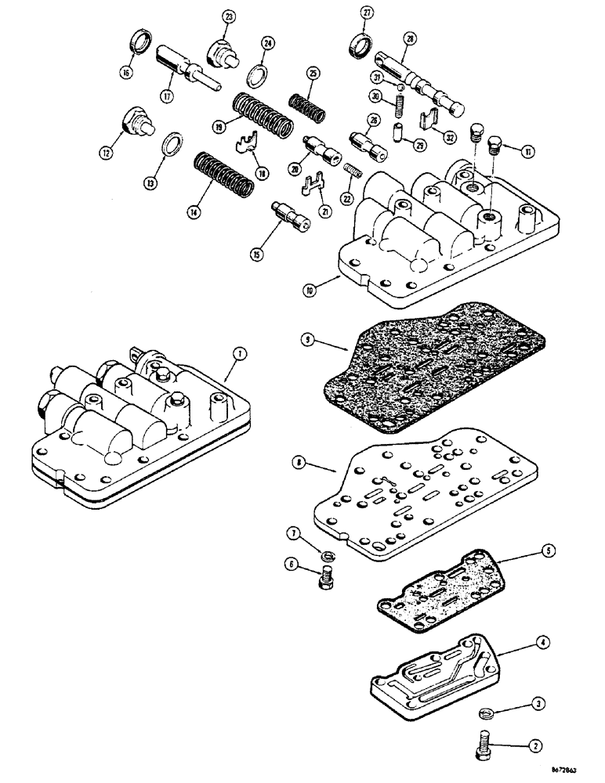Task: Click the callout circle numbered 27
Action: point(367,12)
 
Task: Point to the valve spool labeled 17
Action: point(187,69)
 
